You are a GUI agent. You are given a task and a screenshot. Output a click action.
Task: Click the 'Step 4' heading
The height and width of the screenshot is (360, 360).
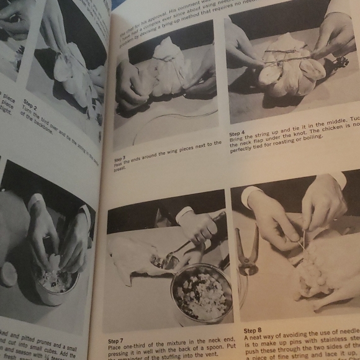pyautogui.click(x=237, y=133)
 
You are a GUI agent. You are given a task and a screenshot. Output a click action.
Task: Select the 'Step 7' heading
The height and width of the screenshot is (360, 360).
pyautogui.click(x=116, y=341)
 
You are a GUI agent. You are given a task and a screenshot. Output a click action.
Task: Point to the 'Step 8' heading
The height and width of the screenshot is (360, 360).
pyautogui.click(x=253, y=331)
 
